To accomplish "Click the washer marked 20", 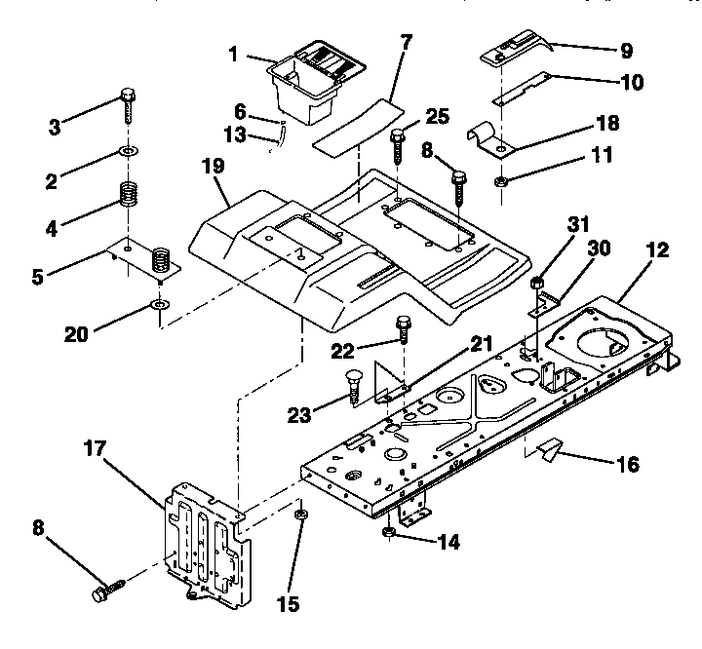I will [x=158, y=309].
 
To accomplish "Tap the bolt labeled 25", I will [x=398, y=148].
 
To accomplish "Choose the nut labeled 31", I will [x=535, y=284].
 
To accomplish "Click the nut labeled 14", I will [x=388, y=532].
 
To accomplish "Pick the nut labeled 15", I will [x=301, y=513].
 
